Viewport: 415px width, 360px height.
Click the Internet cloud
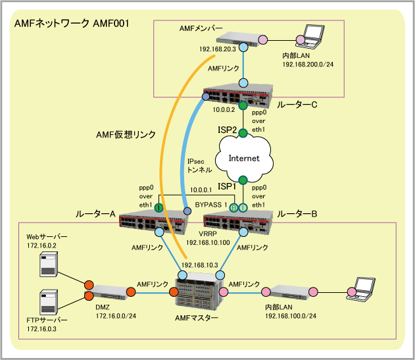[x=243, y=158]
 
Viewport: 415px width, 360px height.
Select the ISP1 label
[x=227, y=187]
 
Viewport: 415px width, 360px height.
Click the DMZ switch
[x=109, y=290]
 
